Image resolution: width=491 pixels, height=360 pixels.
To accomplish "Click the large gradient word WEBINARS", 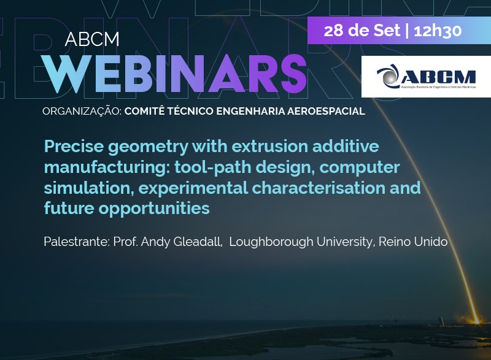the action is tap(174, 74).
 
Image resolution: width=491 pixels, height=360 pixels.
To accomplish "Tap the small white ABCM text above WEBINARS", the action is tap(92, 39).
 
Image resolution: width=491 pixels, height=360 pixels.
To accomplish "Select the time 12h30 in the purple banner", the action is tap(438, 31).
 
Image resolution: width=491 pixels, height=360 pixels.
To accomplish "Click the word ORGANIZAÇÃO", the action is tap(82, 111).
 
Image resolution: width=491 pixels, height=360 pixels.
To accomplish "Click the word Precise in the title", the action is tap(74, 146).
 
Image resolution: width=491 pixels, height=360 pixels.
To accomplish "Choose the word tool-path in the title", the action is tap(213, 167).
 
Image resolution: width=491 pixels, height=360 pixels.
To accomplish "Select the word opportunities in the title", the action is tap(154, 209).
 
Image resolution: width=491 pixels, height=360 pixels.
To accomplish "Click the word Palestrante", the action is tap(77, 242).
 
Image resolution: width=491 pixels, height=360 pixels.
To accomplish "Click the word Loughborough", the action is tap(271, 242).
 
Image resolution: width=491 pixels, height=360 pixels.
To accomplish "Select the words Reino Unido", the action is tap(413, 242).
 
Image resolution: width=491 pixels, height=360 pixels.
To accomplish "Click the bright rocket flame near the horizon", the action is tap(477, 320).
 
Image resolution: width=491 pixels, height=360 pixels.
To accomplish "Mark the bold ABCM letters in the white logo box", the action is tap(438, 77).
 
